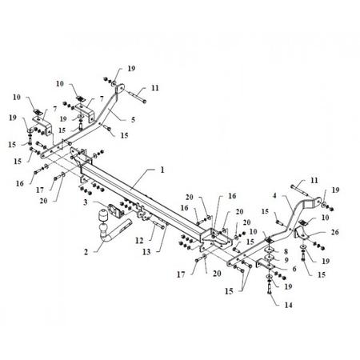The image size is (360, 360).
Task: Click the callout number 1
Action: coord(162,170)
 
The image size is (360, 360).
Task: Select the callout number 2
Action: coord(86,252)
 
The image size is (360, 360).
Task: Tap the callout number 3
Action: coord(86,202)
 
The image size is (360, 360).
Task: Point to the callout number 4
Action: coord(274,196)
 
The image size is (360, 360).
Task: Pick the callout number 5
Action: coord(133,120)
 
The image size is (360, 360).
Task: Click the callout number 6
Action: coord(294,269)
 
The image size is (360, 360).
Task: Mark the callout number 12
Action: coord(139,241)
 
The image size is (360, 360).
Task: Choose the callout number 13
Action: coord(146,252)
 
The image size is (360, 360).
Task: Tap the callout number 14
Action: coord(289,305)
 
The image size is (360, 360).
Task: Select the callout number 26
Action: coord(335,232)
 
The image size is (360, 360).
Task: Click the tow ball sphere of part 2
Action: coord(103,229)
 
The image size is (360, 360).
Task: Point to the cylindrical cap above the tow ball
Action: coord(102,215)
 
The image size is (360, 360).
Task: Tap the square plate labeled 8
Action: coord(270,250)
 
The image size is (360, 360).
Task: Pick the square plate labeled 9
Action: coord(270,258)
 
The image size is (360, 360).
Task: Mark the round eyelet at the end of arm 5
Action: coord(120,88)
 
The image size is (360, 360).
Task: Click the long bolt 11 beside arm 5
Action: coord(137,97)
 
